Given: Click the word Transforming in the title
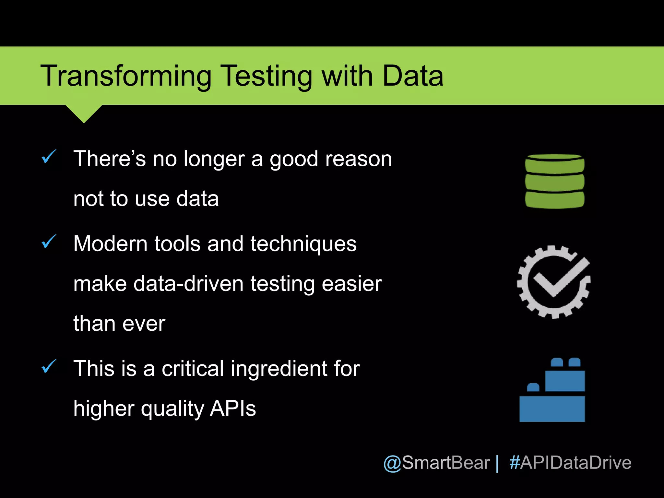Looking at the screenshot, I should [x=126, y=76].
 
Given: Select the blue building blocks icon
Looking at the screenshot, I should [x=552, y=391].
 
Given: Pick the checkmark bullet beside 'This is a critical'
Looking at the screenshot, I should [x=49, y=367].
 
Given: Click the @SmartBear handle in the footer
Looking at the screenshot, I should [x=436, y=463].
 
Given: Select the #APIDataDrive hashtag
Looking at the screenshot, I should [x=570, y=463].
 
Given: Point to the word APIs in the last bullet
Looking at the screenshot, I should [x=233, y=409].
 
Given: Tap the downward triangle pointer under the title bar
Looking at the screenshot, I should [x=84, y=113].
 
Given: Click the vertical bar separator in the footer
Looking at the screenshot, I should [x=497, y=463].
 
